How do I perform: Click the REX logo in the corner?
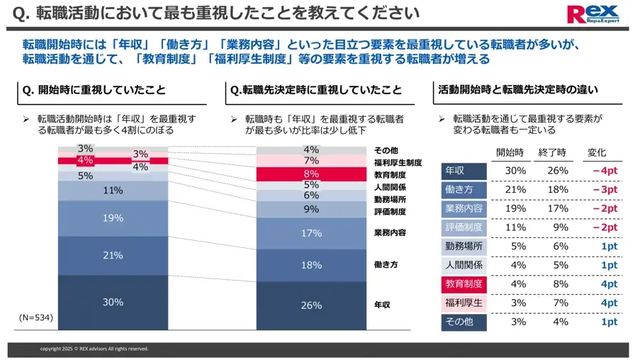[x=593, y=14]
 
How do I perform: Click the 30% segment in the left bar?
[x=113, y=302]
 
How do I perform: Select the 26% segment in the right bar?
[x=311, y=305]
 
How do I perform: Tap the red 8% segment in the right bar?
[x=311, y=174]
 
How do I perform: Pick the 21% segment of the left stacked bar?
[x=113, y=255]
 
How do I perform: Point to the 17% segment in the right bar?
[x=311, y=232]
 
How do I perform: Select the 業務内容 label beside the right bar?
[x=391, y=232]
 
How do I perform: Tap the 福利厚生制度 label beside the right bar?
[x=398, y=162]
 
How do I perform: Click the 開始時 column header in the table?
[x=510, y=152]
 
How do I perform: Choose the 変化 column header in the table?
[x=597, y=152]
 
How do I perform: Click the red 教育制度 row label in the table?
[x=464, y=284]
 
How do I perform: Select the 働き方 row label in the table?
[x=464, y=190]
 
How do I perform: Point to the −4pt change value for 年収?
[x=604, y=171]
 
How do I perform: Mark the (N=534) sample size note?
[x=35, y=317]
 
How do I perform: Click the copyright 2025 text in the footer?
[x=94, y=349]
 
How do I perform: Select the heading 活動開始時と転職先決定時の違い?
[x=518, y=90]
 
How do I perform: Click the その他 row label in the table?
[x=464, y=322]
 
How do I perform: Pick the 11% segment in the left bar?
[x=113, y=191]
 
